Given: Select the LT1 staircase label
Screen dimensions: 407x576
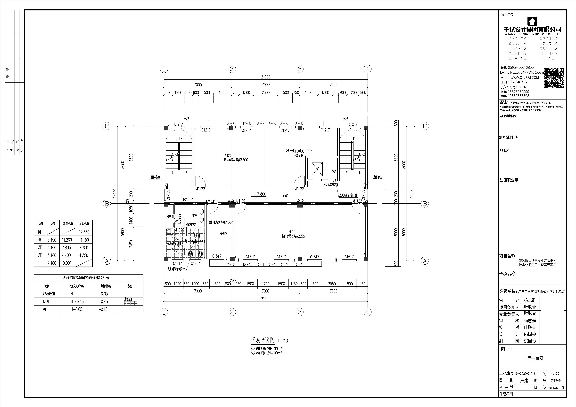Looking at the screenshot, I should point(353,138).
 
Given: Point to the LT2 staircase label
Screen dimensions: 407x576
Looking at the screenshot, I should point(179,138).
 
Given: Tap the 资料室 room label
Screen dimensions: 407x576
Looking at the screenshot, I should point(224,234).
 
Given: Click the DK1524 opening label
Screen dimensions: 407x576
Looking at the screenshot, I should point(187,200).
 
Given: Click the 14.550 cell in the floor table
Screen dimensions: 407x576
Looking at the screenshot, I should point(84,232).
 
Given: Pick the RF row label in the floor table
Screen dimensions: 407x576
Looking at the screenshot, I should point(40,232).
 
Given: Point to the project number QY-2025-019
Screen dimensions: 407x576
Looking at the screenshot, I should point(524,373).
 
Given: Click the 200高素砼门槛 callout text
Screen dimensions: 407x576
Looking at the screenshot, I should point(348,195).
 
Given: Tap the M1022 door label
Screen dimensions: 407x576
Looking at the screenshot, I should point(179,230).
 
